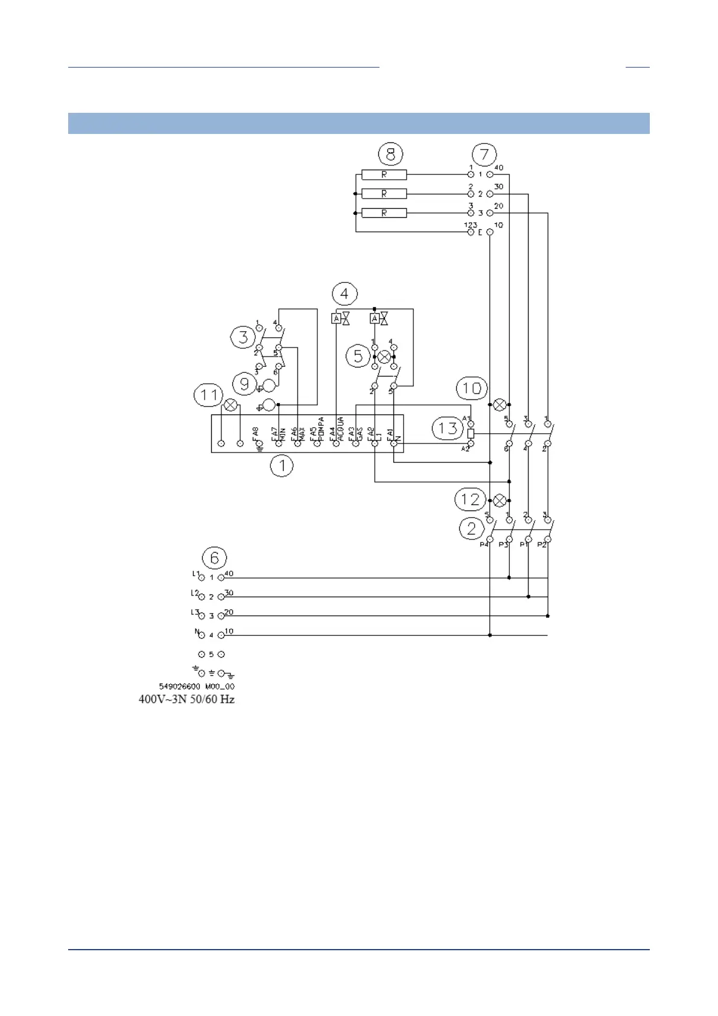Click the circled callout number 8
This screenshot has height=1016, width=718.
click(390, 154)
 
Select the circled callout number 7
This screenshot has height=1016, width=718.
click(484, 154)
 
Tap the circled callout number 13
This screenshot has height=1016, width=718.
click(448, 428)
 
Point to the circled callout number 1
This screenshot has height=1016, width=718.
click(281, 466)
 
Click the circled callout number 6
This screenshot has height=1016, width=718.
click(214, 557)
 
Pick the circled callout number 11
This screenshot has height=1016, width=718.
click(208, 395)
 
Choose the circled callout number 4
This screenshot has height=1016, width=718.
click(345, 294)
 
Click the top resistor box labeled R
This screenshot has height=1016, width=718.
click(384, 175)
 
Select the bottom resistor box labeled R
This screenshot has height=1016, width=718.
click(384, 213)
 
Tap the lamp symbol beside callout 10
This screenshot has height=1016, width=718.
click(500, 405)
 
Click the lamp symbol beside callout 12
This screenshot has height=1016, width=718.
click(500, 500)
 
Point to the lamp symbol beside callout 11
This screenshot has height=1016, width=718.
click(230, 405)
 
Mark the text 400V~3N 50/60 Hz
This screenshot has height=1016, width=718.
click(186, 700)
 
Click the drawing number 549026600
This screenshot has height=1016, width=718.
click(179, 687)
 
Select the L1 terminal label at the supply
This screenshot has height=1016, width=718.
click(195, 574)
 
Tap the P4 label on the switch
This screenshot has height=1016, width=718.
click(484, 545)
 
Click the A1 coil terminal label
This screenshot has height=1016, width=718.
click(466, 418)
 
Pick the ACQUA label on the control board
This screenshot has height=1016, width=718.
click(341, 428)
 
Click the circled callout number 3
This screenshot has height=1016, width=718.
click(243, 337)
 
